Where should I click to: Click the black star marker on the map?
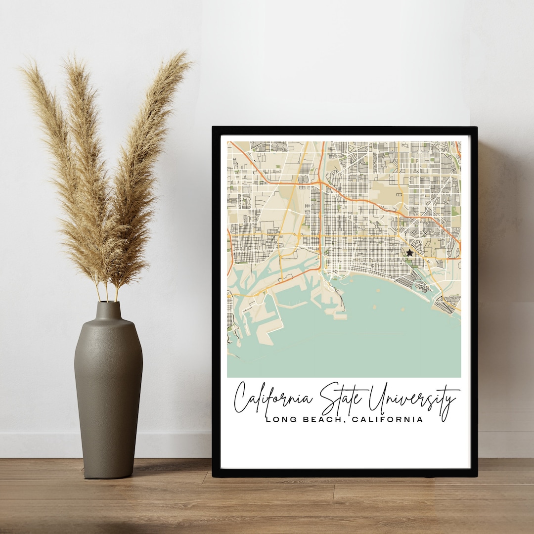409,253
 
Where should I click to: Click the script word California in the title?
274,398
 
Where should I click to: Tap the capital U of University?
381,396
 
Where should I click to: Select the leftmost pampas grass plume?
54,148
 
